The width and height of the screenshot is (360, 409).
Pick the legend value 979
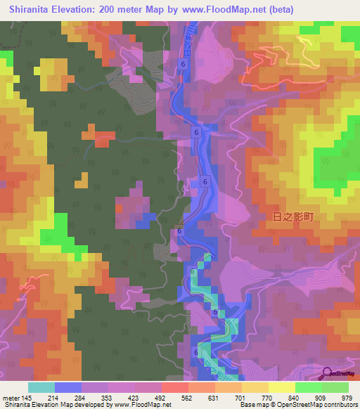coord(346,397)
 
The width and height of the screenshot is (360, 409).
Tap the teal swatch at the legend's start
coord(41,387)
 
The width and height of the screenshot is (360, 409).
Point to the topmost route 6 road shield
coord(182,64)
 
